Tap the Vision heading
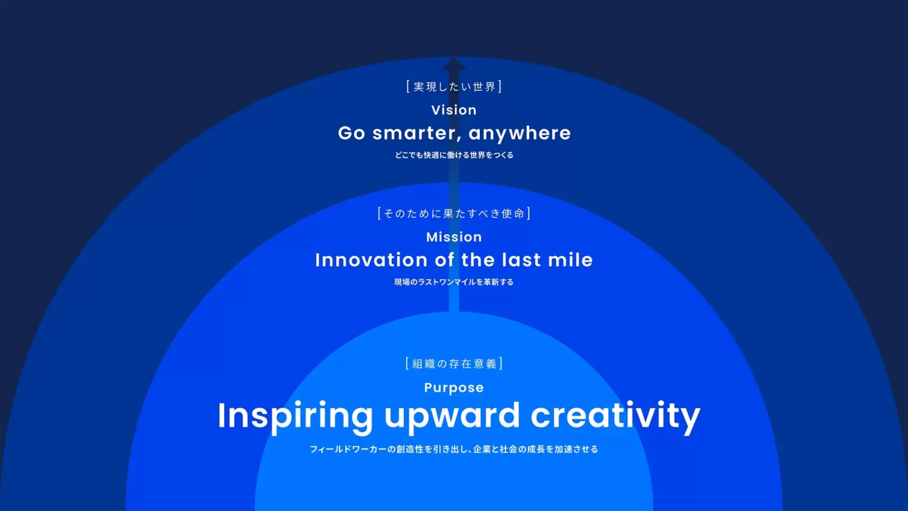(454, 110)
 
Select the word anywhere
(519, 133)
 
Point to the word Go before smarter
(352, 133)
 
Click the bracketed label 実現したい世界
(454, 87)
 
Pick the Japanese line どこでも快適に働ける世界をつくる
(454, 155)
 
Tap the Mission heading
(454, 237)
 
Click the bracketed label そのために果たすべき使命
(454, 213)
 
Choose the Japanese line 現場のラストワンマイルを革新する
(454, 282)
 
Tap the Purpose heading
(454, 387)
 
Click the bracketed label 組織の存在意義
(454, 363)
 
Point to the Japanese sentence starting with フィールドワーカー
(454, 449)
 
